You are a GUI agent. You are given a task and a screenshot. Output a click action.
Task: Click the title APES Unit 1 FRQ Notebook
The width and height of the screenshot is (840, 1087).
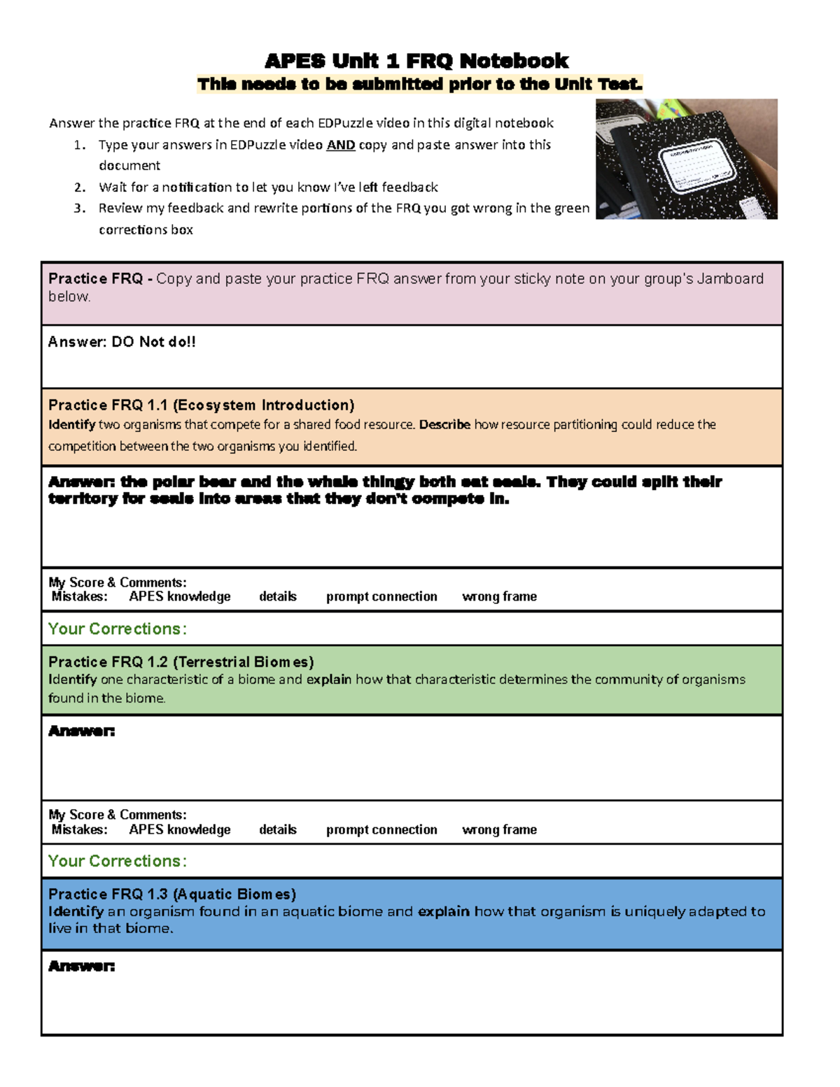(x=416, y=61)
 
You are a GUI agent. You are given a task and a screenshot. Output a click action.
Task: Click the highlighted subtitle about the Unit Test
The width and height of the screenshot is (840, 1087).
(x=419, y=85)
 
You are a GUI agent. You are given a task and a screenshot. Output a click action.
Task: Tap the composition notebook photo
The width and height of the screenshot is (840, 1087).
(x=686, y=159)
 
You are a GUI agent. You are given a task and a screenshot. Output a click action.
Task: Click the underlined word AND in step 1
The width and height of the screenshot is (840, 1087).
(x=340, y=145)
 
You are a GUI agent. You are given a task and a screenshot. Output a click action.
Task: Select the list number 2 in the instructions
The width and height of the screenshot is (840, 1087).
(x=80, y=188)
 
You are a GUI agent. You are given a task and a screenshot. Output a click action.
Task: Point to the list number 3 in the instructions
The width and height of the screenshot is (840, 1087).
(x=80, y=209)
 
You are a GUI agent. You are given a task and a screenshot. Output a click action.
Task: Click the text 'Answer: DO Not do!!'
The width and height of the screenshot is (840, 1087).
(x=122, y=342)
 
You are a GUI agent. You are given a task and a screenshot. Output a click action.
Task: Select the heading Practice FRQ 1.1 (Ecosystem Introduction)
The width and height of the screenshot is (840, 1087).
(x=201, y=405)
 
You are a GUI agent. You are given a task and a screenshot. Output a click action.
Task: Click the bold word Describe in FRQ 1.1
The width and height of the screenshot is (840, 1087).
(x=444, y=425)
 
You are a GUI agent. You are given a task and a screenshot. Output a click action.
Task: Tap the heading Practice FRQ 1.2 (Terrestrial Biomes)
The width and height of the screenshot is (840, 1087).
(x=181, y=662)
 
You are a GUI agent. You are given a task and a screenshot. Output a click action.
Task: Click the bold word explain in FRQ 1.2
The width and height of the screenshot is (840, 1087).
(x=328, y=680)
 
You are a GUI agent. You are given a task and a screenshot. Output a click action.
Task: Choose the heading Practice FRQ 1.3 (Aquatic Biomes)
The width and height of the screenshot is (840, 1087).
(x=172, y=895)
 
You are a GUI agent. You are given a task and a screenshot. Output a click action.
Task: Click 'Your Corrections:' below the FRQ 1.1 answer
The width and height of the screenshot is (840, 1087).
(x=117, y=629)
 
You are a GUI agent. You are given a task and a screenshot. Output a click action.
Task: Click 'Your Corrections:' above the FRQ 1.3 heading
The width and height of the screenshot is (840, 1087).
(x=117, y=862)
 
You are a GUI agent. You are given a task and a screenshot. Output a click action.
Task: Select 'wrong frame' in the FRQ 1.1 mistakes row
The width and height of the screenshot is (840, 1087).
(x=499, y=597)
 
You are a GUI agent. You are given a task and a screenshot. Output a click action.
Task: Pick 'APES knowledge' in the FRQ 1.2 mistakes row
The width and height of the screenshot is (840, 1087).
(x=180, y=830)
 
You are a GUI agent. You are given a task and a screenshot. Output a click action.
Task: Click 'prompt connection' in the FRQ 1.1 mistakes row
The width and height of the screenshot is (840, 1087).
(x=381, y=597)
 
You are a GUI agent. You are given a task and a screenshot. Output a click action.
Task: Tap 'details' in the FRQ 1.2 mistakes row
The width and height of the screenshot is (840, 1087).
(x=278, y=830)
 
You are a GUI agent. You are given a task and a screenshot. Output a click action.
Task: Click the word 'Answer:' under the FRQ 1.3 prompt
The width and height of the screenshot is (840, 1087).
(x=81, y=967)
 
